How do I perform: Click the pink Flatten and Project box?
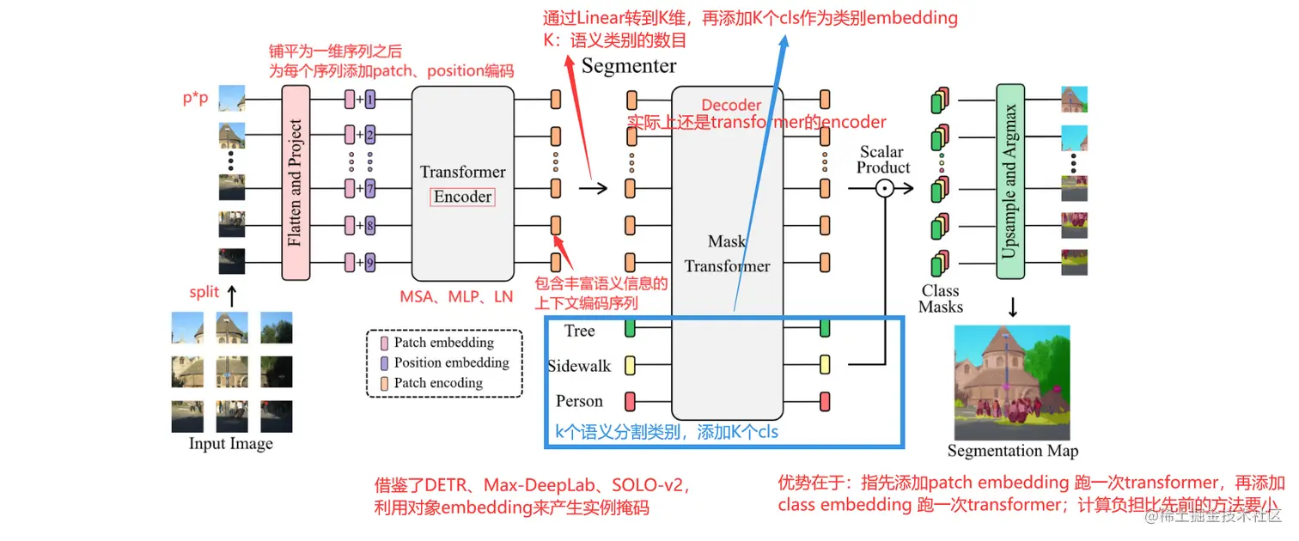click(295, 181)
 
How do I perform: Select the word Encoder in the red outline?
click(462, 197)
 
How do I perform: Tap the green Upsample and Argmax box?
click(1009, 181)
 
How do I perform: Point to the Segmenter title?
click(629, 66)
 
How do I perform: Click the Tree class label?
click(579, 331)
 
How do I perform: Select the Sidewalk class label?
click(579, 366)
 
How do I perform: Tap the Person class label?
click(579, 401)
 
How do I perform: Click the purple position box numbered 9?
click(369, 262)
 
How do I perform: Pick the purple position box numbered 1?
click(369, 100)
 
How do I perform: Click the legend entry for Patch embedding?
click(443, 343)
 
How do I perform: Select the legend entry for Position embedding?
click(450, 362)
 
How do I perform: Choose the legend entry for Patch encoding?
click(437, 383)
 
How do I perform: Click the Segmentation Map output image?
click(1012, 382)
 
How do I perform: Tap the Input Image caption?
click(231, 444)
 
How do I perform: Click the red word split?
click(204, 293)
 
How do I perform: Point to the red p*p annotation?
click(195, 98)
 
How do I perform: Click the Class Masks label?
click(941, 299)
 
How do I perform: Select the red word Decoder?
click(731, 106)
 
